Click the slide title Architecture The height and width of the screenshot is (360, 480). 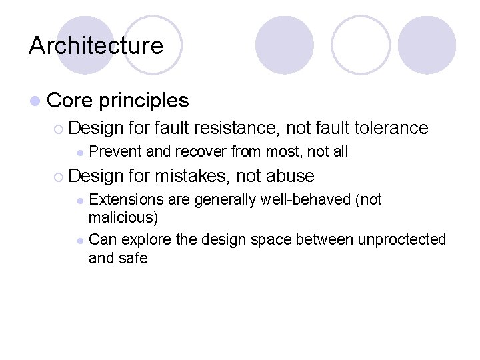(96, 45)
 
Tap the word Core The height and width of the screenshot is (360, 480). (70, 101)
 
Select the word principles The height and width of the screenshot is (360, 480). (143, 101)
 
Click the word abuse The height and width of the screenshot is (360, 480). (290, 176)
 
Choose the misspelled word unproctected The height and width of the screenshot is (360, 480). (402, 239)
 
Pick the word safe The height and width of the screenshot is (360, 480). (133, 258)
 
